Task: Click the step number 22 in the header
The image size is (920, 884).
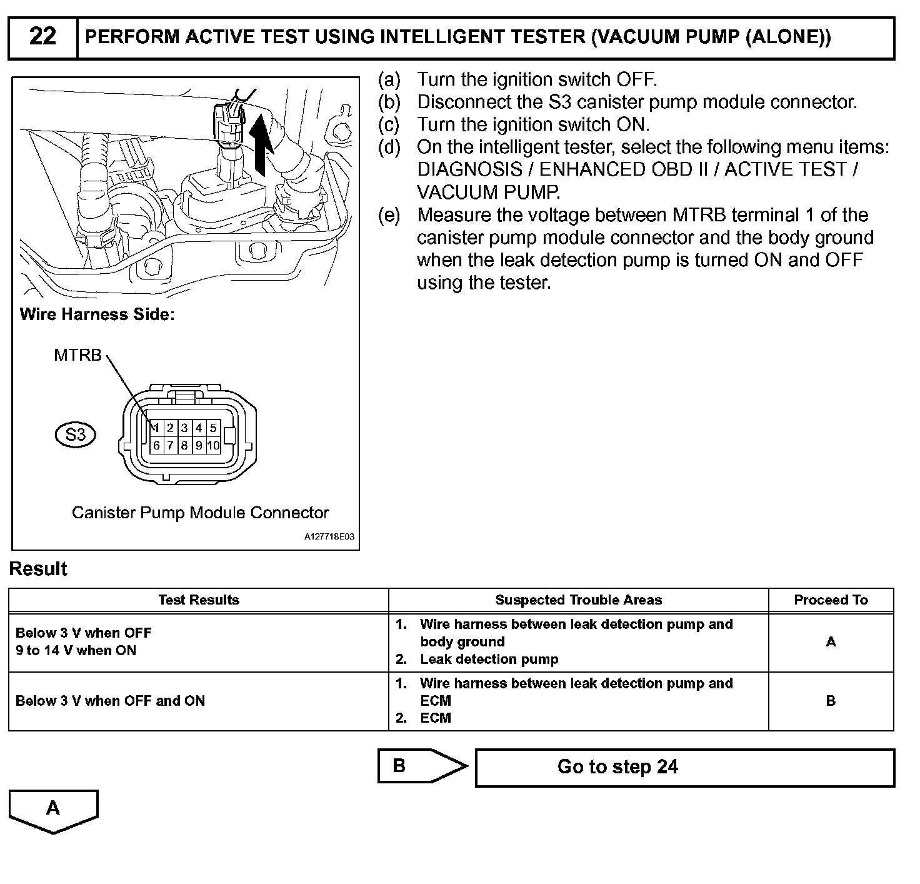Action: [42, 37]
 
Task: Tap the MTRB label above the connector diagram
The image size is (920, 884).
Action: [77, 355]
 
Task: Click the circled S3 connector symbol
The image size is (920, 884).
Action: [75, 434]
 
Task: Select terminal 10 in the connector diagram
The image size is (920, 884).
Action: [213, 446]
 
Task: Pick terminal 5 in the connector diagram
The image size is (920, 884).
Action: [213, 428]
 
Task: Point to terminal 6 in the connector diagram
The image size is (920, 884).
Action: [156, 446]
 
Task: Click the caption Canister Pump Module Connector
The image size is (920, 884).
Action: [200, 513]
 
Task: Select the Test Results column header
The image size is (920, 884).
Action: [199, 600]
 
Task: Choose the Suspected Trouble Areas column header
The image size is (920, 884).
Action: [578, 600]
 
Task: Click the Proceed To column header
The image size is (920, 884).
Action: [831, 600]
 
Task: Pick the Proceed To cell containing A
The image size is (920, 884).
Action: [831, 642]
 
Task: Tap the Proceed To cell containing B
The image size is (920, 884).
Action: [831, 701]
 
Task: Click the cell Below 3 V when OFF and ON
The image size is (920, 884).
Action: [111, 701]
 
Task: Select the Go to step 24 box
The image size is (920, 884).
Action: [684, 767]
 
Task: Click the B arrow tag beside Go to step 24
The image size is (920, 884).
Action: [419, 766]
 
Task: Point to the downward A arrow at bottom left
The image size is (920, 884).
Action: [53, 810]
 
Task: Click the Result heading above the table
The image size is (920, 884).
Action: [38, 569]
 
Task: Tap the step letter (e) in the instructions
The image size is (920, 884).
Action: [389, 216]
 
